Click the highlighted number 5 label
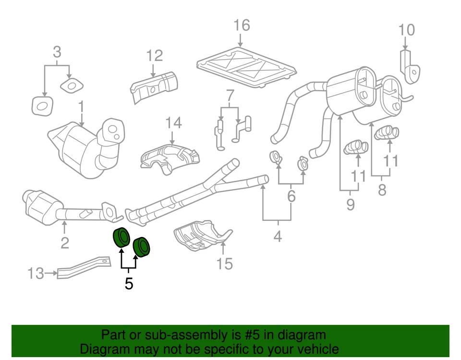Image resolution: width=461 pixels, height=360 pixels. coord(128,284)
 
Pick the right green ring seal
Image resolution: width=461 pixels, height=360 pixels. coord(141,246)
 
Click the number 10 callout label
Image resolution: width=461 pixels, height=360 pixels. coord(406,30)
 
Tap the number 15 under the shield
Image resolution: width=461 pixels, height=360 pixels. coord(224,263)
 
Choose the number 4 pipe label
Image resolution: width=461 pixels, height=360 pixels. coord(278,236)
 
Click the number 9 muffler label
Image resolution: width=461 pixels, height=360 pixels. coord(350,204)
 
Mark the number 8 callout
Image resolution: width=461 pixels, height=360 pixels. coord(382,190)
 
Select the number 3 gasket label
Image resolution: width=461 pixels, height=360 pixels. coord(57,51)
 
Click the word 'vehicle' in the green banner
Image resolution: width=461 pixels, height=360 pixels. coord(315,349)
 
